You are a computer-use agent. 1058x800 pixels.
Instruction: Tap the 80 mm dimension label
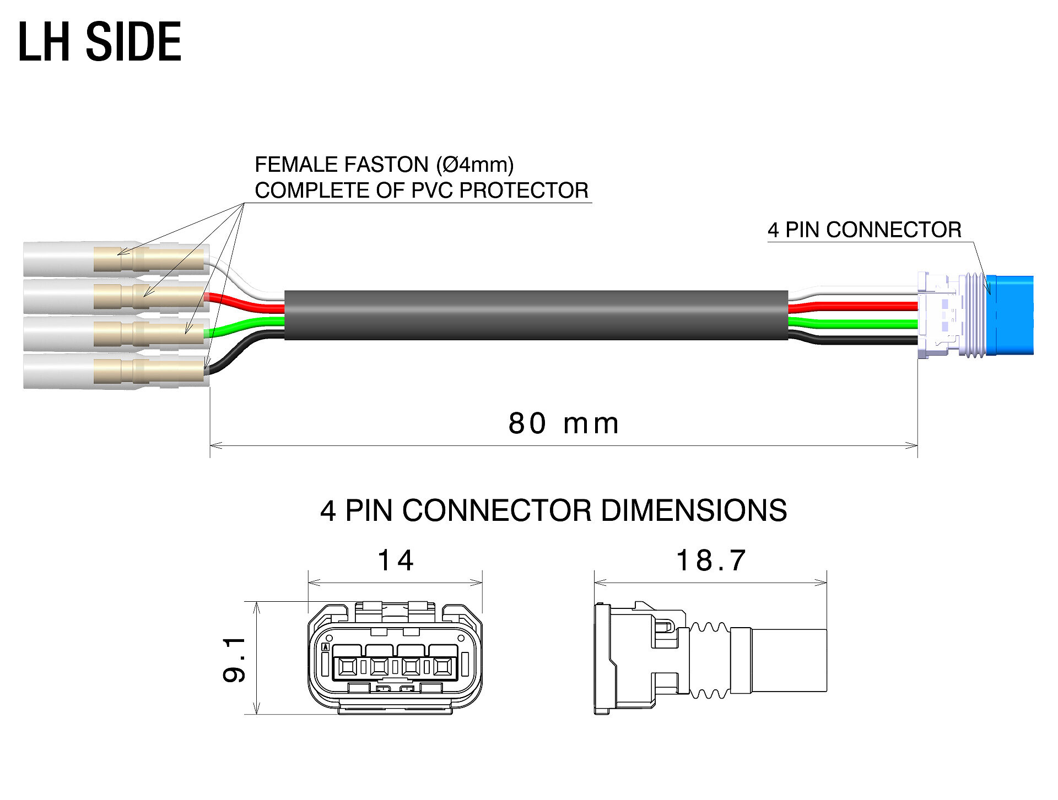pyautogui.click(x=563, y=423)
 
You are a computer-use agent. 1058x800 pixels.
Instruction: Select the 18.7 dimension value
pyautogui.click(x=711, y=560)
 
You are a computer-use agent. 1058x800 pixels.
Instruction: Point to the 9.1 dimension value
pyautogui.click(x=234, y=659)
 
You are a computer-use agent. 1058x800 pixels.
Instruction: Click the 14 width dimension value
pyautogui.click(x=395, y=560)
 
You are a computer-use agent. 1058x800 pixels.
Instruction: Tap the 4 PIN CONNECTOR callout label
pyautogui.click(x=864, y=230)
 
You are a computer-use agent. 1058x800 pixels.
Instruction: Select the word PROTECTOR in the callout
pyautogui.click(x=524, y=191)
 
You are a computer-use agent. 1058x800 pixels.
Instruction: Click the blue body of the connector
pyautogui.click(x=1011, y=315)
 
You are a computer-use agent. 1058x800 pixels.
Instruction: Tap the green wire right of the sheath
pyautogui.click(x=851, y=323)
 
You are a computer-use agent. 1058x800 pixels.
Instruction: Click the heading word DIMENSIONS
pyautogui.click(x=693, y=510)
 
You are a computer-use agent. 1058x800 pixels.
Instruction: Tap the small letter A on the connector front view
pyautogui.click(x=326, y=647)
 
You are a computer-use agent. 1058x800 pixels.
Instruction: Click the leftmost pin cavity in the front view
pyautogui.click(x=347, y=667)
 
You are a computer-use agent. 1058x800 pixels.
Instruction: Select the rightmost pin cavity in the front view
pyautogui.click(x=442, y=667)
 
